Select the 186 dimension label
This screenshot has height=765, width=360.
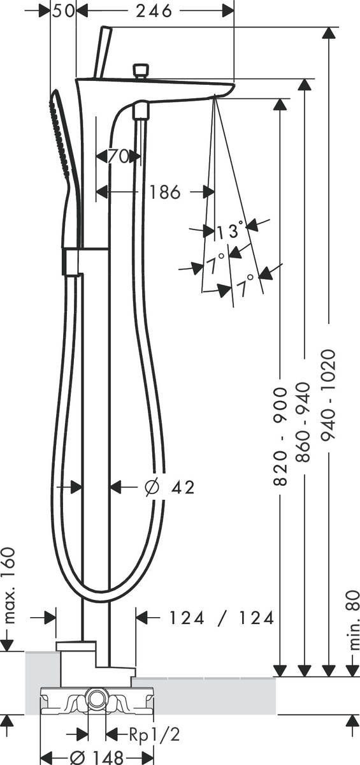[x=166, y=191]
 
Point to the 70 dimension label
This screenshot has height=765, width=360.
[x=119, y=156]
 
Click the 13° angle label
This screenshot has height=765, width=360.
[x=230, y=231]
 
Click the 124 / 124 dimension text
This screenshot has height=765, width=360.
[x=221, y=617]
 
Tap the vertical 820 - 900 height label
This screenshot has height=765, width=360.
[x=281, y=435]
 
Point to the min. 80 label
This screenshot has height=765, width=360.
[x=352, y=619]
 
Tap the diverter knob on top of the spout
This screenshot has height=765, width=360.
[x=140, y=69]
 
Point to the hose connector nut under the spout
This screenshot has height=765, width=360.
[x=141, y=112]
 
